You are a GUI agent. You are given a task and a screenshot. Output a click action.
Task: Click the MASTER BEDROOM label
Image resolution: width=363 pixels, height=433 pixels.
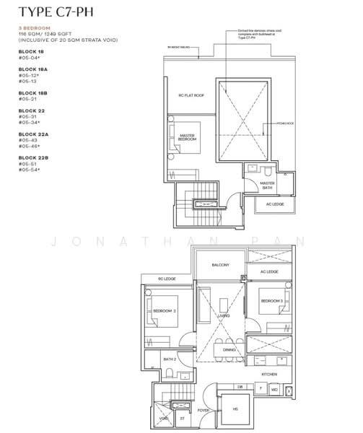point(187,137)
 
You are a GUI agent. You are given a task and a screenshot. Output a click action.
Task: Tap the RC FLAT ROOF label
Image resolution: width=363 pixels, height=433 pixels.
point(189,95)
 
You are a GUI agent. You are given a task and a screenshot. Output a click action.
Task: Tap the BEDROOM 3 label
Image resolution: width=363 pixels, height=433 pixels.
point(271,300)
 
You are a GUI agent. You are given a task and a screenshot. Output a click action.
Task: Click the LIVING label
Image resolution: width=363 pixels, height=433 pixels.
point(224,316)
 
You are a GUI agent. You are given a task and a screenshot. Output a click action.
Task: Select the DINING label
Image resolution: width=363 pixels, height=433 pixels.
point(229,350)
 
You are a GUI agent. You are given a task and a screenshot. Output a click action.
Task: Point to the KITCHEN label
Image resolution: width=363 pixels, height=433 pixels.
point(268,375)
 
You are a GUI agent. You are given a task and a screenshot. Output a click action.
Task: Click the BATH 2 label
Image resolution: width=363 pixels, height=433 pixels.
point(170,359)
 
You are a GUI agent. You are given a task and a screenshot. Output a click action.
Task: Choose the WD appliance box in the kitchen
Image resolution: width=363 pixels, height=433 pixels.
point(274,390)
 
